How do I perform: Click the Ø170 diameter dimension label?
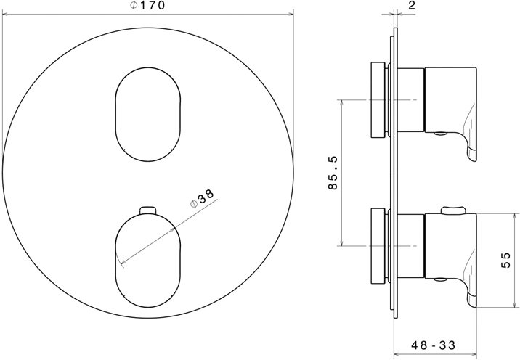click(147, 5)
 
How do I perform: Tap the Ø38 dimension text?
click(203, 199)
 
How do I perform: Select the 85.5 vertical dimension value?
click(333, 173)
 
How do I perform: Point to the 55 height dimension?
click(506, 261)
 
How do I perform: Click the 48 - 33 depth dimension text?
click(434, 345)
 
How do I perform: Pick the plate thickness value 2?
click(412, 5)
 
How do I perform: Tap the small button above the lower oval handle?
click(148, 210)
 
